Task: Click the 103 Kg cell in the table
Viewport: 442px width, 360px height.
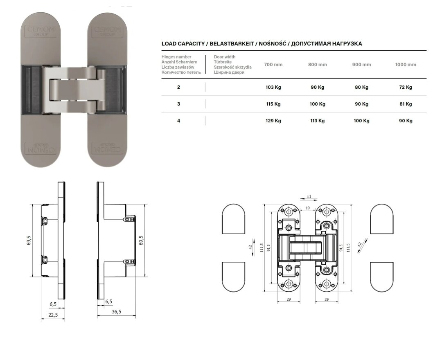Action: [273, 87]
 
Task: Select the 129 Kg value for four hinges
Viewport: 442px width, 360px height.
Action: [273, 121]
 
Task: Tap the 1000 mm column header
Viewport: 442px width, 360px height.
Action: [406, 65]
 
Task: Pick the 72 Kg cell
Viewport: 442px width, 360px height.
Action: [406, 87]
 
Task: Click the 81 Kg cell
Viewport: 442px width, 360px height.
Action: [406, 104]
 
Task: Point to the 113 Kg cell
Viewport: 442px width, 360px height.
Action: [318, 121]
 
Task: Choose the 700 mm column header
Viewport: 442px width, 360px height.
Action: [273, 65]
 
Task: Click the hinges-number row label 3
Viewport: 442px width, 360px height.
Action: [178, 104]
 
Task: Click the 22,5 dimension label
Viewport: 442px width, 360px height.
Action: [53, 315]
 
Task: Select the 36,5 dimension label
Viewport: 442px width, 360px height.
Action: [116, 312]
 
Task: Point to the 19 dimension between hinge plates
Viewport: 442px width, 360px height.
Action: [307, 208]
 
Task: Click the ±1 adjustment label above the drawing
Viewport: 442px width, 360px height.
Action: [309, 196]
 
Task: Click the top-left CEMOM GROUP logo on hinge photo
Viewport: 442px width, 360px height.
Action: [41, 31]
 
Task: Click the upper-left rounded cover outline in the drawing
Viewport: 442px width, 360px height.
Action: [233, 219]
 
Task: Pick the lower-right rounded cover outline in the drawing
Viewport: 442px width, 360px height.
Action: [382, 277]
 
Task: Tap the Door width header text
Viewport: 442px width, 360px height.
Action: [224, 56]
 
